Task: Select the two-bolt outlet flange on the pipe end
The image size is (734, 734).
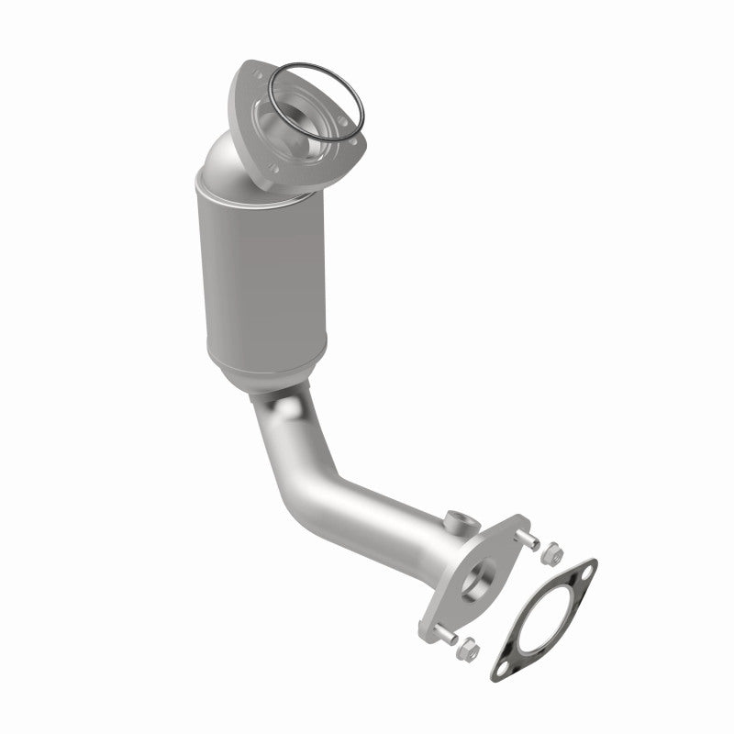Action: pyautogui.click(x=482, y=573)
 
